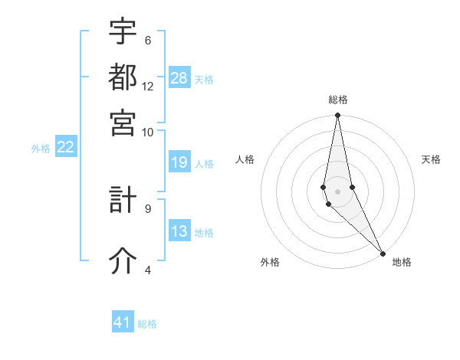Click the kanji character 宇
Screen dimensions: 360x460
tap(123, 32)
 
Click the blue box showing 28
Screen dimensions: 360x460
tap(179, 78)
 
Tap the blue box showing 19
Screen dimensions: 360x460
tap(179, 162)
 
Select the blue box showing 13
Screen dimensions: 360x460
tap(179, 232)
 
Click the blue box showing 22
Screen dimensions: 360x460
tap(65, 148)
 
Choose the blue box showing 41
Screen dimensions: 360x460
tap(123, 322)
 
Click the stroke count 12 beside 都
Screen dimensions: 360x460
tap(148, 87)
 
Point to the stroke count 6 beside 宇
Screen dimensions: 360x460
tap(147, 41)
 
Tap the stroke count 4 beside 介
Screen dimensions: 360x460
tap(147, 270)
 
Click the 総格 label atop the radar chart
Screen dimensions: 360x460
tap(338, 100)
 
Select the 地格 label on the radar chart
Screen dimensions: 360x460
tap(402, 262)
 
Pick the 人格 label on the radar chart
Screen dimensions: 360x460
tap(245, 159)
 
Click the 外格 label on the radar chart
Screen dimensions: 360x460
tap(269, 262)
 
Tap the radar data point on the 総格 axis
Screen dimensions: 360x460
tap(337, 116)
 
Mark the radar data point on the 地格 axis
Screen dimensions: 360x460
tap(383, 253)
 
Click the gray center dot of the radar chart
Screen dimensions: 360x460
tap(337, 191)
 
